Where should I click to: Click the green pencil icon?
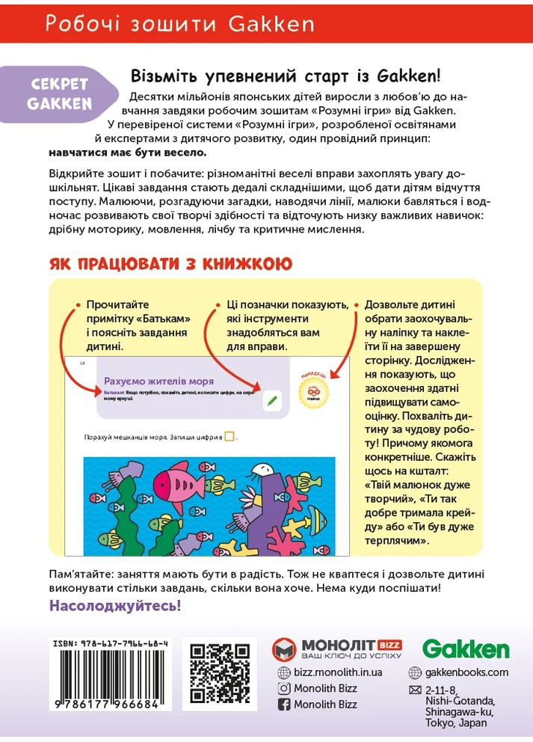272,400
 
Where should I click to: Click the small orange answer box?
229,437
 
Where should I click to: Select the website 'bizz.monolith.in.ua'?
338,672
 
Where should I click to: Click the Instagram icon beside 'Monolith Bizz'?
284,688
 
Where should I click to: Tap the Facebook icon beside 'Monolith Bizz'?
284,705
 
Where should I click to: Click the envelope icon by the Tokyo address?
415,690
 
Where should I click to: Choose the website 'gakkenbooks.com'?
466,672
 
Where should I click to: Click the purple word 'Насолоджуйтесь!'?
115,605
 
